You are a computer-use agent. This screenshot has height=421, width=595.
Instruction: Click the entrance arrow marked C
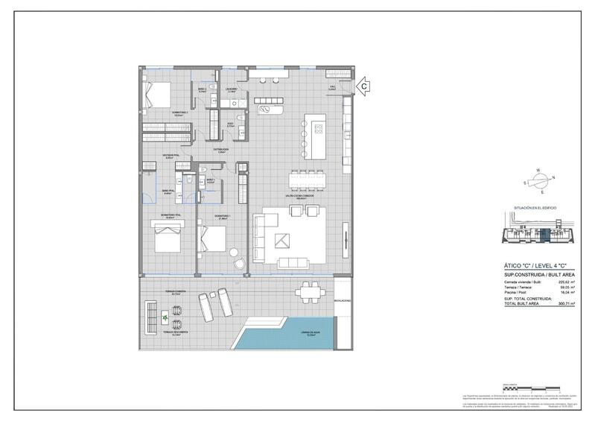[x=364, y=86]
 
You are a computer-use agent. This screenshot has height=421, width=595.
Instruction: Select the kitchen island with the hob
[x=314, y=136]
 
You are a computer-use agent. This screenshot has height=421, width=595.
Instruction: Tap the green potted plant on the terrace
[x=165, y=318]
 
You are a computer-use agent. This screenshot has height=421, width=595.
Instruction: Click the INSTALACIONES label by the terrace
[x=342, y=301]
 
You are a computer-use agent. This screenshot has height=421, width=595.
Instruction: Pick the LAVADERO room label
[x=232, y=89]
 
